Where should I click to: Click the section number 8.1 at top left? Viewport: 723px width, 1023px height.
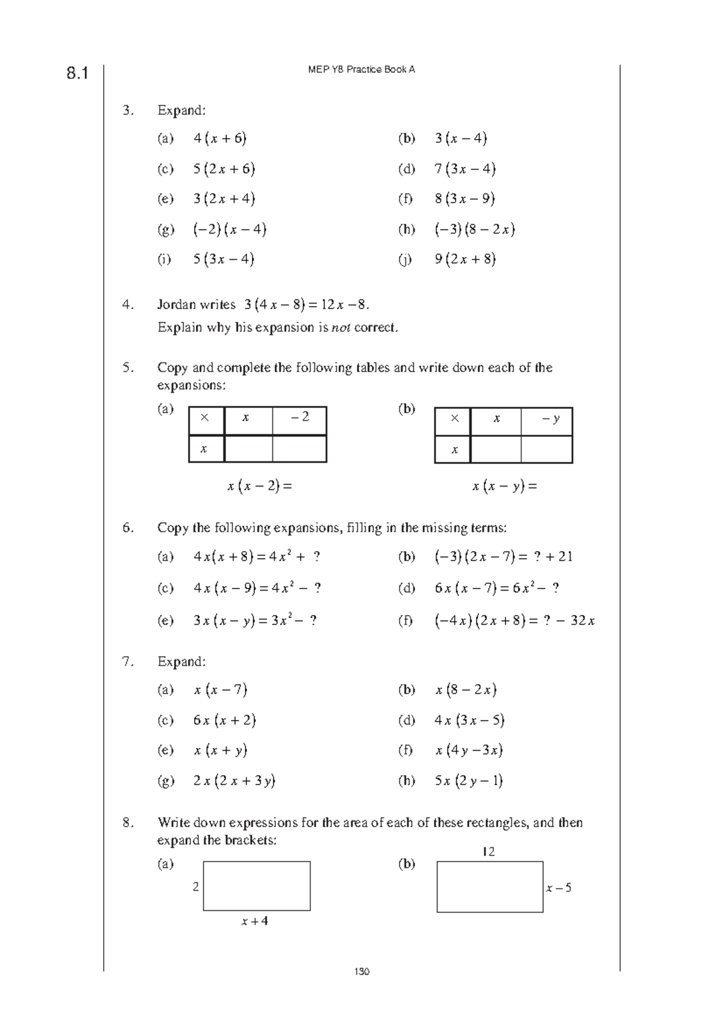(x=77, y=74)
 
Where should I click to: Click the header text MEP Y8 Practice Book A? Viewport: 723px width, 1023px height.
(x=361, y=69)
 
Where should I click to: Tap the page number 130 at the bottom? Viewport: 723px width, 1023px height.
(x=361, y=971)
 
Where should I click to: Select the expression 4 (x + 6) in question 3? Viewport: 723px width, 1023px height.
(x=220, y=139)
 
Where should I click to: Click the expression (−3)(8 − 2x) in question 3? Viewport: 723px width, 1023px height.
(x=474, y=230)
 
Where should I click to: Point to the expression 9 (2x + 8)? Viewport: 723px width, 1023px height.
(x=465, y=260)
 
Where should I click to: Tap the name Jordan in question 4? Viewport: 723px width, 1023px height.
(x=177, y=305)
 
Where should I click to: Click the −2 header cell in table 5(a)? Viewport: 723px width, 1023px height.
(x=299, y=417)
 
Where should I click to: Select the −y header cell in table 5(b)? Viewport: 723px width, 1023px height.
(x=550, y=418)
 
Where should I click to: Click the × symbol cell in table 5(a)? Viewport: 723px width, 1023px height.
(x=205, y=417)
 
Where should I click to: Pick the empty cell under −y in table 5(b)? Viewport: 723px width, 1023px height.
(x=546, y=449)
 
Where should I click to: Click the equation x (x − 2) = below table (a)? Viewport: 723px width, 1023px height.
(x=259, y=486)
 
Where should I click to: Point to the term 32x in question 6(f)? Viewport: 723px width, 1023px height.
(x=583, y=621)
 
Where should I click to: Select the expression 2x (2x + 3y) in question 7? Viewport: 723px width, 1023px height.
(x=234, y=781)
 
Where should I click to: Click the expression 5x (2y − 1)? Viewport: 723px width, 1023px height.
(x=469, y=781)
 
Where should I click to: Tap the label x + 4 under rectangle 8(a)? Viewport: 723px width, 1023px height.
(x=255, y=921)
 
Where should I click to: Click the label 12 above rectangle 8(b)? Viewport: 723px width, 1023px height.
(x=488, y=852)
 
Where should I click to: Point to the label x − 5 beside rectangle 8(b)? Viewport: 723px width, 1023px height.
(x=559, y=888)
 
